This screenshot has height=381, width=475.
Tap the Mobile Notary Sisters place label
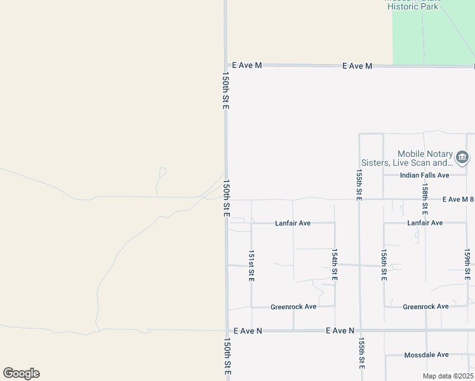click(425, 159)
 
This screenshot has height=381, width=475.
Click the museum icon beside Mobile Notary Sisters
click(462, 157)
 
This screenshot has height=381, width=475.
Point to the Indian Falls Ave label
click(424, 175)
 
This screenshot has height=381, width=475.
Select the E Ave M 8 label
click(458, 199)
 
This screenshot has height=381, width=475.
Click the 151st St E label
click(251, 266)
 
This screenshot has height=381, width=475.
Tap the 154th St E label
click(334, 265)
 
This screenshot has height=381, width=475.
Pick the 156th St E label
click(384, 265)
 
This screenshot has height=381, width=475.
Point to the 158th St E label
click(424, 198)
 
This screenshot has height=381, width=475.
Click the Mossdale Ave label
click(426, 355)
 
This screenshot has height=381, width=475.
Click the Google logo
click(21, 373)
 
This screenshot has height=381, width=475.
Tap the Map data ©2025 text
click(447, 376)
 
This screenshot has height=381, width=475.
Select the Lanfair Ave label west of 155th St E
click(293, 224)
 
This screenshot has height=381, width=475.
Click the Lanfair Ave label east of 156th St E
click(425, 224)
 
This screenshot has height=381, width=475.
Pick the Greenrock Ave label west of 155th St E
click(293, 307)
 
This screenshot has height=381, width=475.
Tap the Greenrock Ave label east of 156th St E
click(425, 307)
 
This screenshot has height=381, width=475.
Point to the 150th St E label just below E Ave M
click(225, 90)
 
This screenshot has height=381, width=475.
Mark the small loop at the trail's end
click(162, 171)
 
